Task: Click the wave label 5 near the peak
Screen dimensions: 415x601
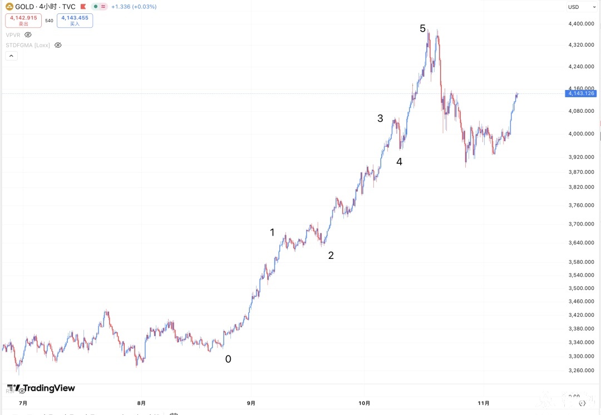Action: tap(423, 28)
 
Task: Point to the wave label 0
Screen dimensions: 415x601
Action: tap(228, 359)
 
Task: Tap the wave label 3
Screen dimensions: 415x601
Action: tap(380, 118)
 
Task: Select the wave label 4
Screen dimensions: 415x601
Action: tap(399, 162)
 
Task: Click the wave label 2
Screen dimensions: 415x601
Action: tap(331, 256)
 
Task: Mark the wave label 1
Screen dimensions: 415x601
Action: tap(272, 233)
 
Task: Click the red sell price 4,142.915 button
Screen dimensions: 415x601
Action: tap(23, 21)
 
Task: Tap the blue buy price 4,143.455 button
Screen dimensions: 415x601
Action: tap(75, 21)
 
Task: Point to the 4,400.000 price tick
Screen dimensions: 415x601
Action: tap(582, 23)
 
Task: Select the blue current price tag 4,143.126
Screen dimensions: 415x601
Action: tap(582, 93)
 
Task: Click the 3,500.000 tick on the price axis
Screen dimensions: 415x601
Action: tap(582, 288)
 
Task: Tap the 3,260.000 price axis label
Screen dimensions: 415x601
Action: tap(582, 371)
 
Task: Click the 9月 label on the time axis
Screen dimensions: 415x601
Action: tap(251, 403)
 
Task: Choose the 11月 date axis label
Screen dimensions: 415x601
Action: tap(484, 403)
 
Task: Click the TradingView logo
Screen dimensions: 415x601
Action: tap(41, 388)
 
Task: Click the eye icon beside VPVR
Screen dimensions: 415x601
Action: tap(28, 34)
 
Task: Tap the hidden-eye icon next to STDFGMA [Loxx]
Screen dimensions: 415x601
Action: tap(58, 45)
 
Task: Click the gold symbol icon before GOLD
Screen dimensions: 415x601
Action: tap(9, 7)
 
